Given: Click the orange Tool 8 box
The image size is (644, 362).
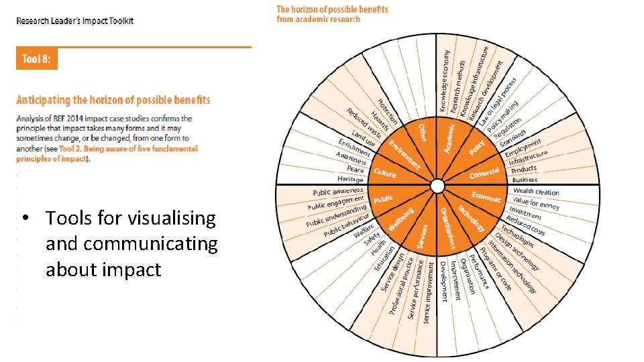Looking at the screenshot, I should (37, 59).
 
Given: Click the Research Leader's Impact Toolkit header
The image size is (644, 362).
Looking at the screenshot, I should (75, 21).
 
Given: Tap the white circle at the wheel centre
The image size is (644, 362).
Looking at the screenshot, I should (437, 185).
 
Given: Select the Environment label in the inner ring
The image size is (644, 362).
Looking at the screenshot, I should (405, 155).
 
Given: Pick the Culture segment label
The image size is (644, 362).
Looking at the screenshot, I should (385, 173).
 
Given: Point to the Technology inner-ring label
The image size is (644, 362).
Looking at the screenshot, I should (472, 217).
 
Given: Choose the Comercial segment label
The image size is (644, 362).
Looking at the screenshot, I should (484, 173).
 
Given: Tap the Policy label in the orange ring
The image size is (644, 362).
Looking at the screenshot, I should (477, 147).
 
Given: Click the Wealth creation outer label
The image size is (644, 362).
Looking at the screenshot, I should (536, 192).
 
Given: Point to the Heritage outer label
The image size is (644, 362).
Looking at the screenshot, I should (350, 179).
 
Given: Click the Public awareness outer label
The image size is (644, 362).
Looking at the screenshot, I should (338, 192).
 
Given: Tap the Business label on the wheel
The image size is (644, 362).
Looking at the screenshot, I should (525, 179).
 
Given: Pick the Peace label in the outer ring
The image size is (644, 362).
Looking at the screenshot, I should (356, 169).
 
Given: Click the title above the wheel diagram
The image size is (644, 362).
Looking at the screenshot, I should (332, 14).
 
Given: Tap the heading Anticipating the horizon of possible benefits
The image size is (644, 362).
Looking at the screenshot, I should (113, 100).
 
